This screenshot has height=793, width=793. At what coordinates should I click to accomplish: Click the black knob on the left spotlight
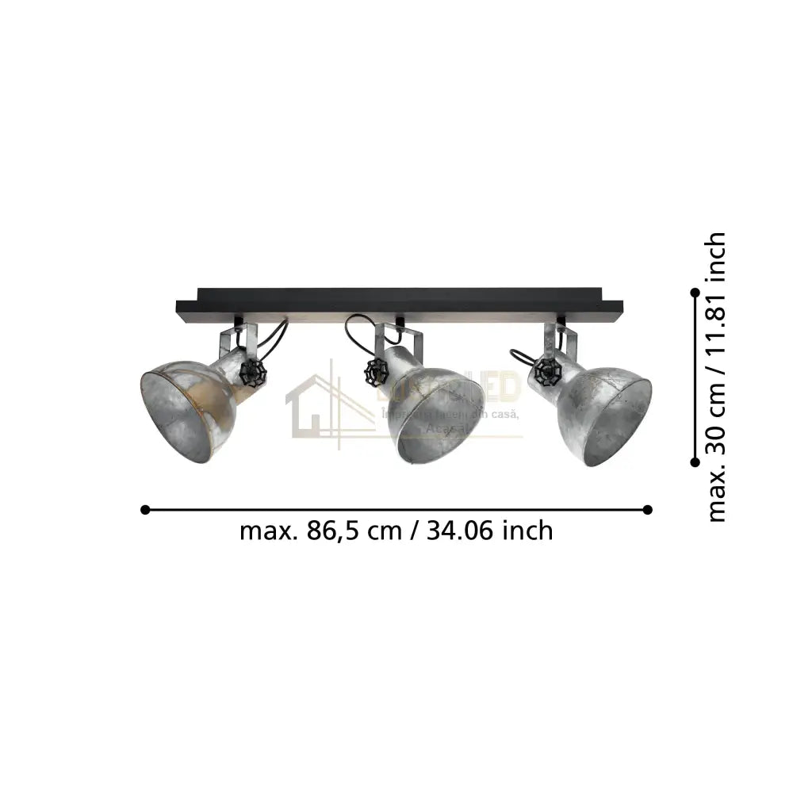click(x=251, y=373)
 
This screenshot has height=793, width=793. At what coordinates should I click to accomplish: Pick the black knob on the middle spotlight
click(x=375, y=370)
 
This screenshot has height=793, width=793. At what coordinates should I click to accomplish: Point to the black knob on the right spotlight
click(x=545, y=369)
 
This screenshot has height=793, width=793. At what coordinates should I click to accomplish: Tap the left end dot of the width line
click(x=145, y=509)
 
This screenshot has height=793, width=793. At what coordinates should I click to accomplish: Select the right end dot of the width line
click(x=648, y=509)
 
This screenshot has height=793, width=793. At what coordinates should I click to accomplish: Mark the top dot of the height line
click(x=695, y=293)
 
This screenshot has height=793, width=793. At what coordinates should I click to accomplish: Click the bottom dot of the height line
click(x=695, y=462)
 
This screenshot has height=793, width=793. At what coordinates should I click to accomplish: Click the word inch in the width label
click(x=527, y=531)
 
